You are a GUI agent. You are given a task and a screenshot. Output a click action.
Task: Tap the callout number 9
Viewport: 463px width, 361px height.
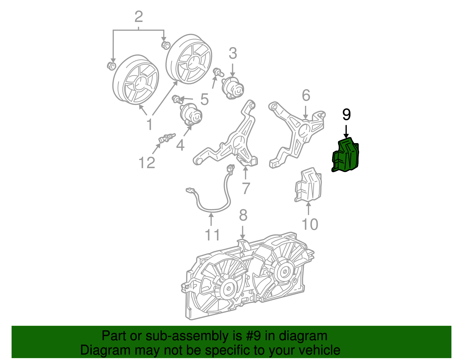(346, 115)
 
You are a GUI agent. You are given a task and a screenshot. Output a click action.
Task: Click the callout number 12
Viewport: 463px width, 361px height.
(147, 163)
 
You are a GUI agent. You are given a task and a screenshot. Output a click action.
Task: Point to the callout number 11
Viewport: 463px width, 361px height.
(212, 235)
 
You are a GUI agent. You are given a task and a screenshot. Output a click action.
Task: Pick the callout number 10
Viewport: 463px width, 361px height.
(310, 224)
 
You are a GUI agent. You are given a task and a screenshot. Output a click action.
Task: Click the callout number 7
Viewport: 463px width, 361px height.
(246, 188)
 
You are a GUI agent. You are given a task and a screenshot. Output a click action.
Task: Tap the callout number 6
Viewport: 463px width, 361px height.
(306, 95)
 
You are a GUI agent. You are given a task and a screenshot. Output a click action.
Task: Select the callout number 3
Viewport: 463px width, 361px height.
(233, 53)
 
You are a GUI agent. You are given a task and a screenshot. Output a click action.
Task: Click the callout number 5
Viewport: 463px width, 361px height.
(205, 99)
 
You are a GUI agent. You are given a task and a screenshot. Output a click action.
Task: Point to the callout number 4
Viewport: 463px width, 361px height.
(180, 145)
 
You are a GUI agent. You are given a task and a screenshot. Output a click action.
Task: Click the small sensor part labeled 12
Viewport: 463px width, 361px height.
(167, 138)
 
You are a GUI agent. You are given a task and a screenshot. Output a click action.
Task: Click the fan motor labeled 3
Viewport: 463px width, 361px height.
(233, 88)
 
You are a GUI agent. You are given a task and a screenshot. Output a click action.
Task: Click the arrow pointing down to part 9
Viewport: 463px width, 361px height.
(346, 132)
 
